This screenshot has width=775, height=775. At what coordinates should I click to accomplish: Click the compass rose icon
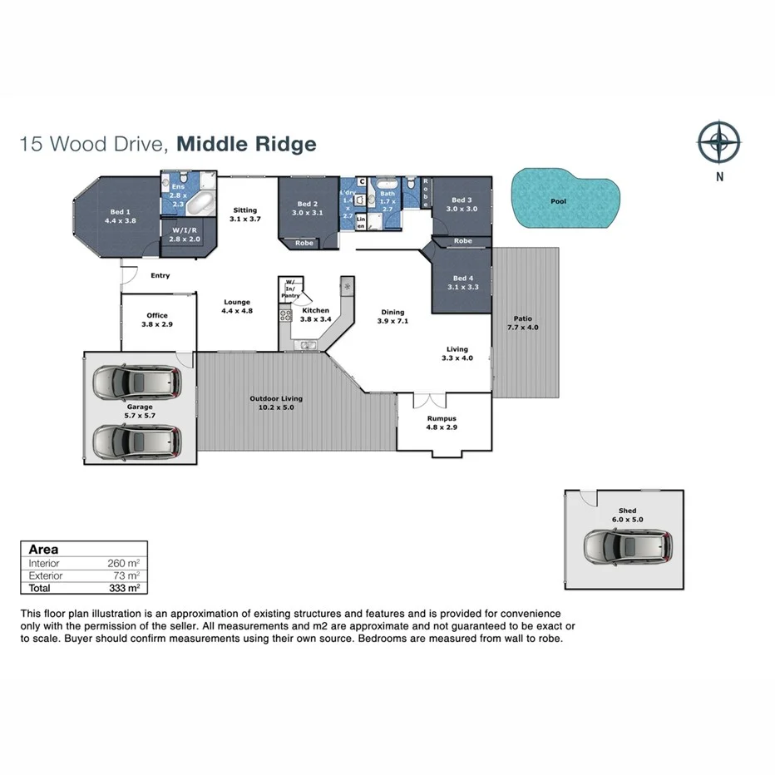coord(718,142)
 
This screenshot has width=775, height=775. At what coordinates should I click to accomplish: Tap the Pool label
coord(558,201)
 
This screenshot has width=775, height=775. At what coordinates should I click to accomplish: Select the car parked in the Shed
coord(625,547)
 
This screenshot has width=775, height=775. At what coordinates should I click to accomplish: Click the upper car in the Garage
coord(137,383)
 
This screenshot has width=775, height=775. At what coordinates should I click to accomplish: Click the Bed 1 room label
coord(120,216)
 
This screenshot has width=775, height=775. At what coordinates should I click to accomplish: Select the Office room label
coord(157,320)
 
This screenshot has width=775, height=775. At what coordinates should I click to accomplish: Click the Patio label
coord(522,323)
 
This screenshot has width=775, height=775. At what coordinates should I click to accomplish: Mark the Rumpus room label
coord(442,422)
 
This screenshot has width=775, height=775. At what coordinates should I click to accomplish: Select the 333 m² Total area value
coord(123,588)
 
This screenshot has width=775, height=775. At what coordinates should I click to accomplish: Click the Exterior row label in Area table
coord(46,575)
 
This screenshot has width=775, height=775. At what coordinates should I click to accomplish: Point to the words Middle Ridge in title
coord(247,144)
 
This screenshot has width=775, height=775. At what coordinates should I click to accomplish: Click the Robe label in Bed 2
coord(304,244)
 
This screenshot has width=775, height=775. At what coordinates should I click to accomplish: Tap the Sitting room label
coord(244,215)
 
